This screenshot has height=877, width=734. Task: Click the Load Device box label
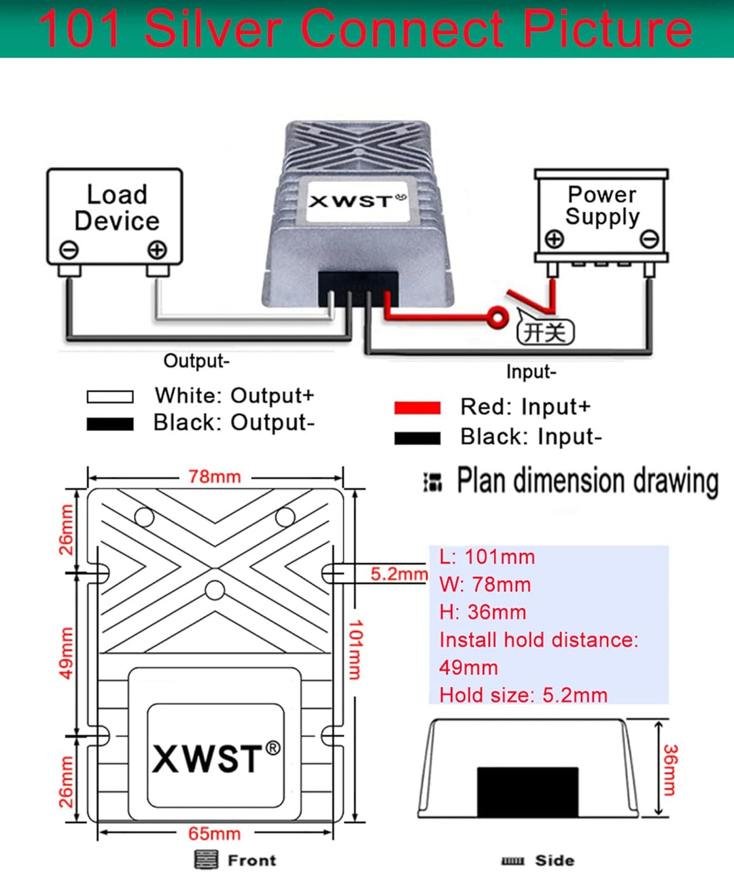tap(116, 208)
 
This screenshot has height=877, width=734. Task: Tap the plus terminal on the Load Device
tap(157, 250)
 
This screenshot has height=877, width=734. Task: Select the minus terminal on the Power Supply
tap(650, 239)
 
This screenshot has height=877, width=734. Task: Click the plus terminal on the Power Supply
tap(555, 239)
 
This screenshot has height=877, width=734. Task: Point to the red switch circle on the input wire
tap(498, 317)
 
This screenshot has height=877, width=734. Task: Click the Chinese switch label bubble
tap(545, 332)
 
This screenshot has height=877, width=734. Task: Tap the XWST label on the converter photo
tap(357, 201)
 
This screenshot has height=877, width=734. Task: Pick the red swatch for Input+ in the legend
tap(417, 408)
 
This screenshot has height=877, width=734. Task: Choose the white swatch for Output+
tap(110, 396)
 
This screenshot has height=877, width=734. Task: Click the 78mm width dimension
tap(215, 477)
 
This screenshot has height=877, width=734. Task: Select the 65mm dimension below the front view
tap(215, 834)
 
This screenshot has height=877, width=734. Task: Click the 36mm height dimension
tap(669, 770)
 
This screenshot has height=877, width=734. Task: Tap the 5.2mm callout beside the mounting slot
tap(398, 574)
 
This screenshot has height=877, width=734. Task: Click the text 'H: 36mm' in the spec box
tap(483, 612)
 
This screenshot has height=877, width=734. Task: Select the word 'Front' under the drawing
tap(251, 860)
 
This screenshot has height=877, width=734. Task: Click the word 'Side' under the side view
tap(555, 860)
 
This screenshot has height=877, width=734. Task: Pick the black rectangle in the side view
tap(527, 791)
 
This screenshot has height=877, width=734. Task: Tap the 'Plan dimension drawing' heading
tap(587, 481)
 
